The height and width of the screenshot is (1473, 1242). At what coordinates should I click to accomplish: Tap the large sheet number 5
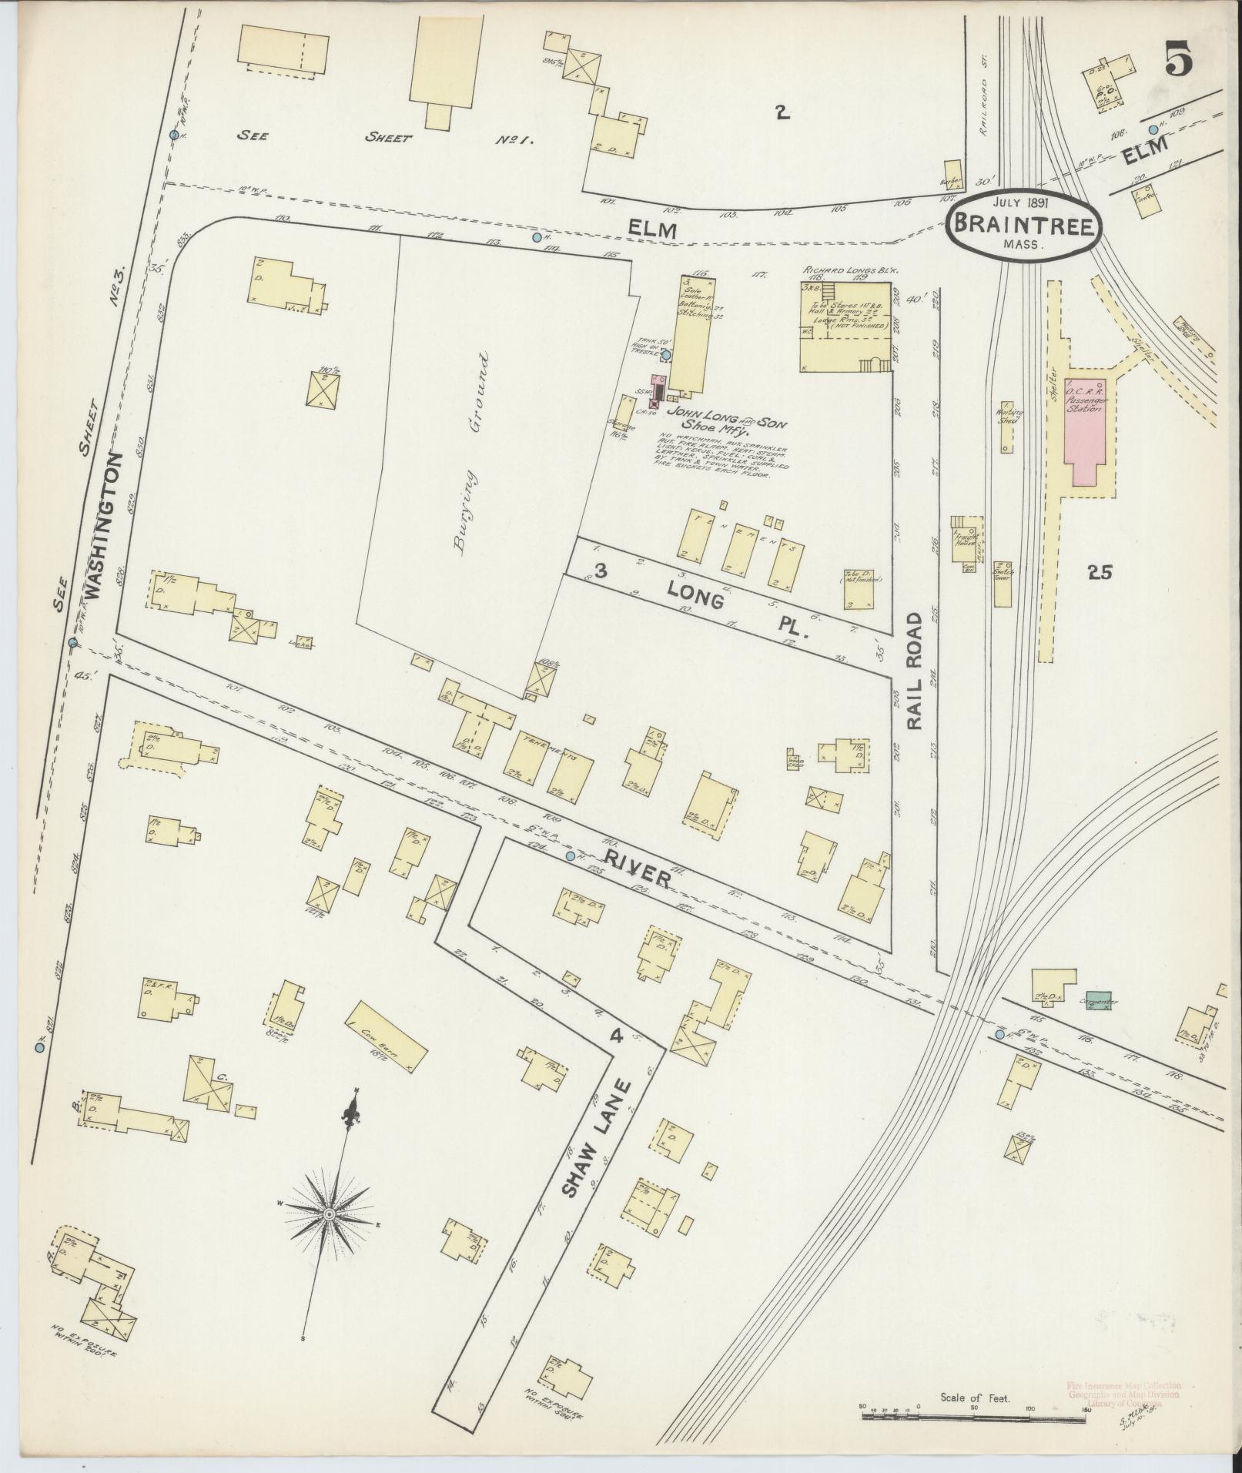tap(1178, 59)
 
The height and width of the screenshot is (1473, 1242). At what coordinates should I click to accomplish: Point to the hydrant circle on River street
tap(570, 856)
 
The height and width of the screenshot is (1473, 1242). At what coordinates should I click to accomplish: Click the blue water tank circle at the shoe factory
tap(667, 355)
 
